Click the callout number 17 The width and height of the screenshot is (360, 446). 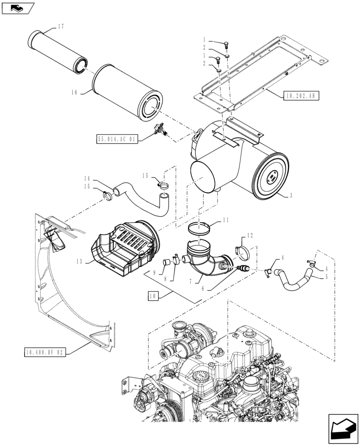[x=61, y=26]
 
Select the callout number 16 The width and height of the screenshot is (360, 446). [x=74, y=93]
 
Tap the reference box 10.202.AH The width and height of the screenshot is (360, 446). [x=300, y=95]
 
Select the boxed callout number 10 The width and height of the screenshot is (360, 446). [x=152, y=296]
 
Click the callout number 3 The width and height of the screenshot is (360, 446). [x=291, y=195]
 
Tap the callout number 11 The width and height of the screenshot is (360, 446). [x=226, y=220]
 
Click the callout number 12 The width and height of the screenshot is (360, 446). [x=250, y=235]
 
